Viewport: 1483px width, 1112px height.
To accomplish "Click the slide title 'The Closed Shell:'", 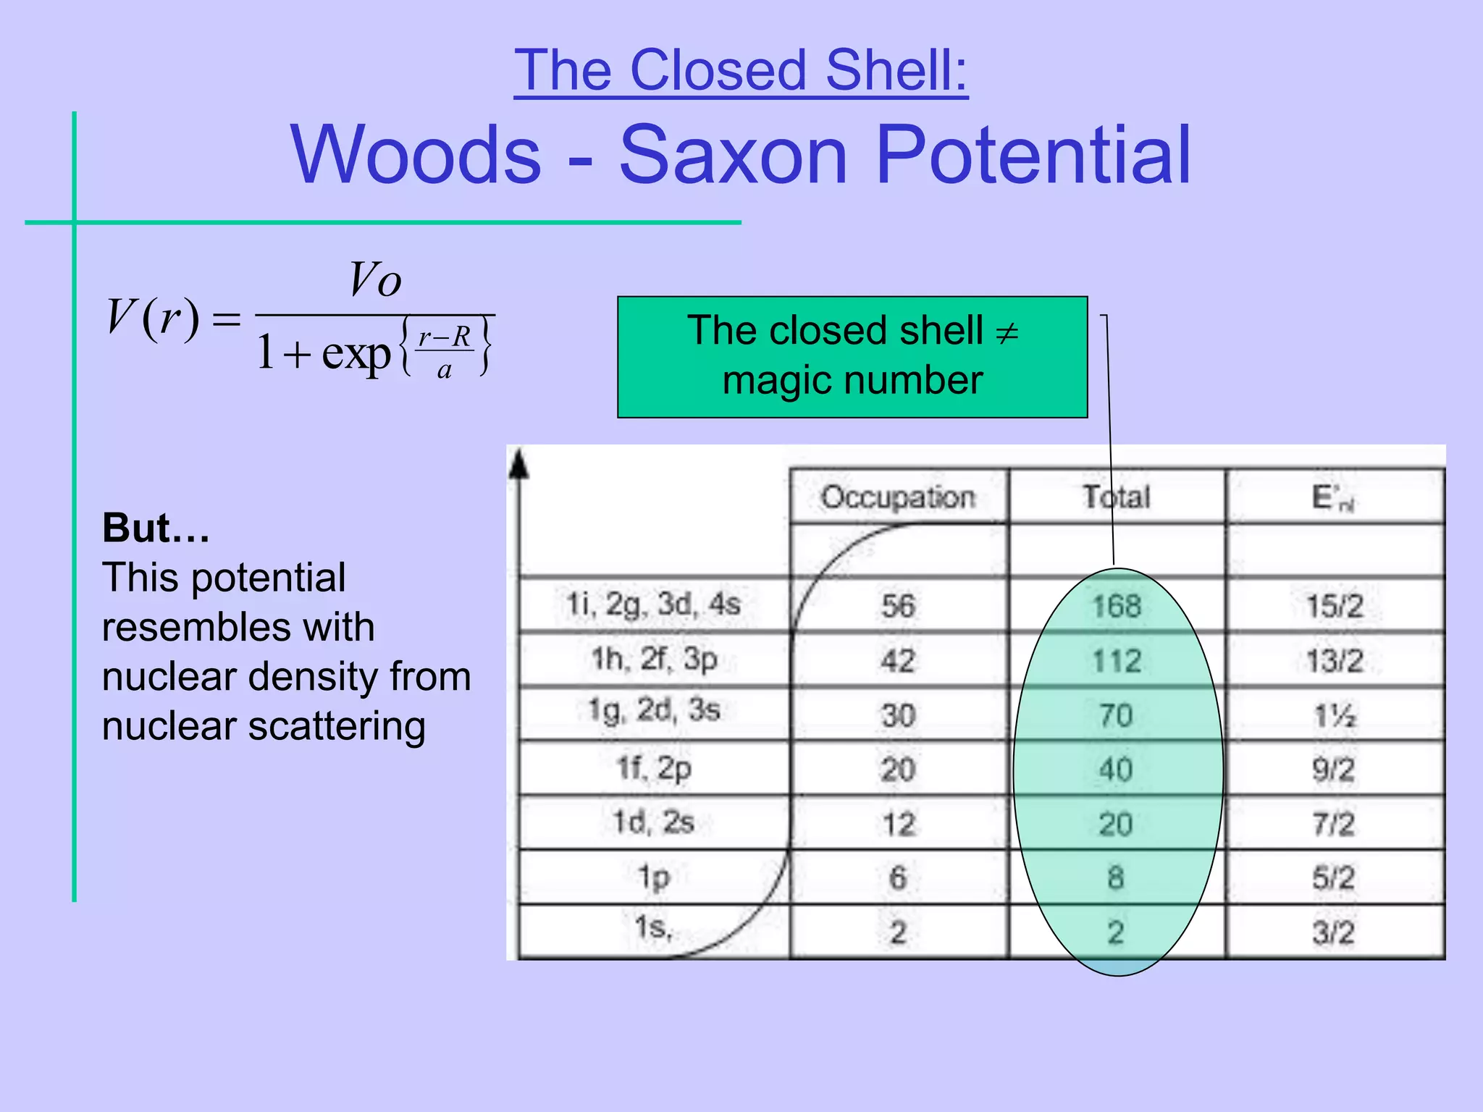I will (x=741, y=70).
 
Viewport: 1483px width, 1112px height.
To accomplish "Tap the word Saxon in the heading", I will (x=733, y=154).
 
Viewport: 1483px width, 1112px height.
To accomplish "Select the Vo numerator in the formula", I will (x=374, y=280).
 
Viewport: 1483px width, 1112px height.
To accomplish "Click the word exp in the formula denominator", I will (x=356, y=354).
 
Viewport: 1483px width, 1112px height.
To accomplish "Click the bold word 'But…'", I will (x=156, y=528).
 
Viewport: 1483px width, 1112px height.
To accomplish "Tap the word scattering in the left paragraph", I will (x=337, y=726).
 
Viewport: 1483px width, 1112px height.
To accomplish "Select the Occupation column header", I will (x=898, y=497).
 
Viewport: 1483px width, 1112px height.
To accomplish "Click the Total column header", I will (x=1116, y=497).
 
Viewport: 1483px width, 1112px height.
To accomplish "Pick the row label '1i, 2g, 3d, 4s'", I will (x=653, y=604).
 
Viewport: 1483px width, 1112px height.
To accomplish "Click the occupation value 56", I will (x=898, y=606).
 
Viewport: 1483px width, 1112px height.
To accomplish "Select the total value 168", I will (x=1117, y=606).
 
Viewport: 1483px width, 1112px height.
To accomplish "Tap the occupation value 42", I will (x=898, y=661).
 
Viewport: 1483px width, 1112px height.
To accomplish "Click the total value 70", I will (x=1116, y=715).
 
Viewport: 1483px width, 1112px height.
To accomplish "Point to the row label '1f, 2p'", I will (x=654, y=769).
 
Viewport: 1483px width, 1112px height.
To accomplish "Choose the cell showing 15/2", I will (x=1334, y=606).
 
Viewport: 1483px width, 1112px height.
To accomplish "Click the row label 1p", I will (x=653, y=878).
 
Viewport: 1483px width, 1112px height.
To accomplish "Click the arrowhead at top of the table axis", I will (x=518, y=465).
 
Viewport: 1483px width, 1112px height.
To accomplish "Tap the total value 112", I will (x=1117, y=661).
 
